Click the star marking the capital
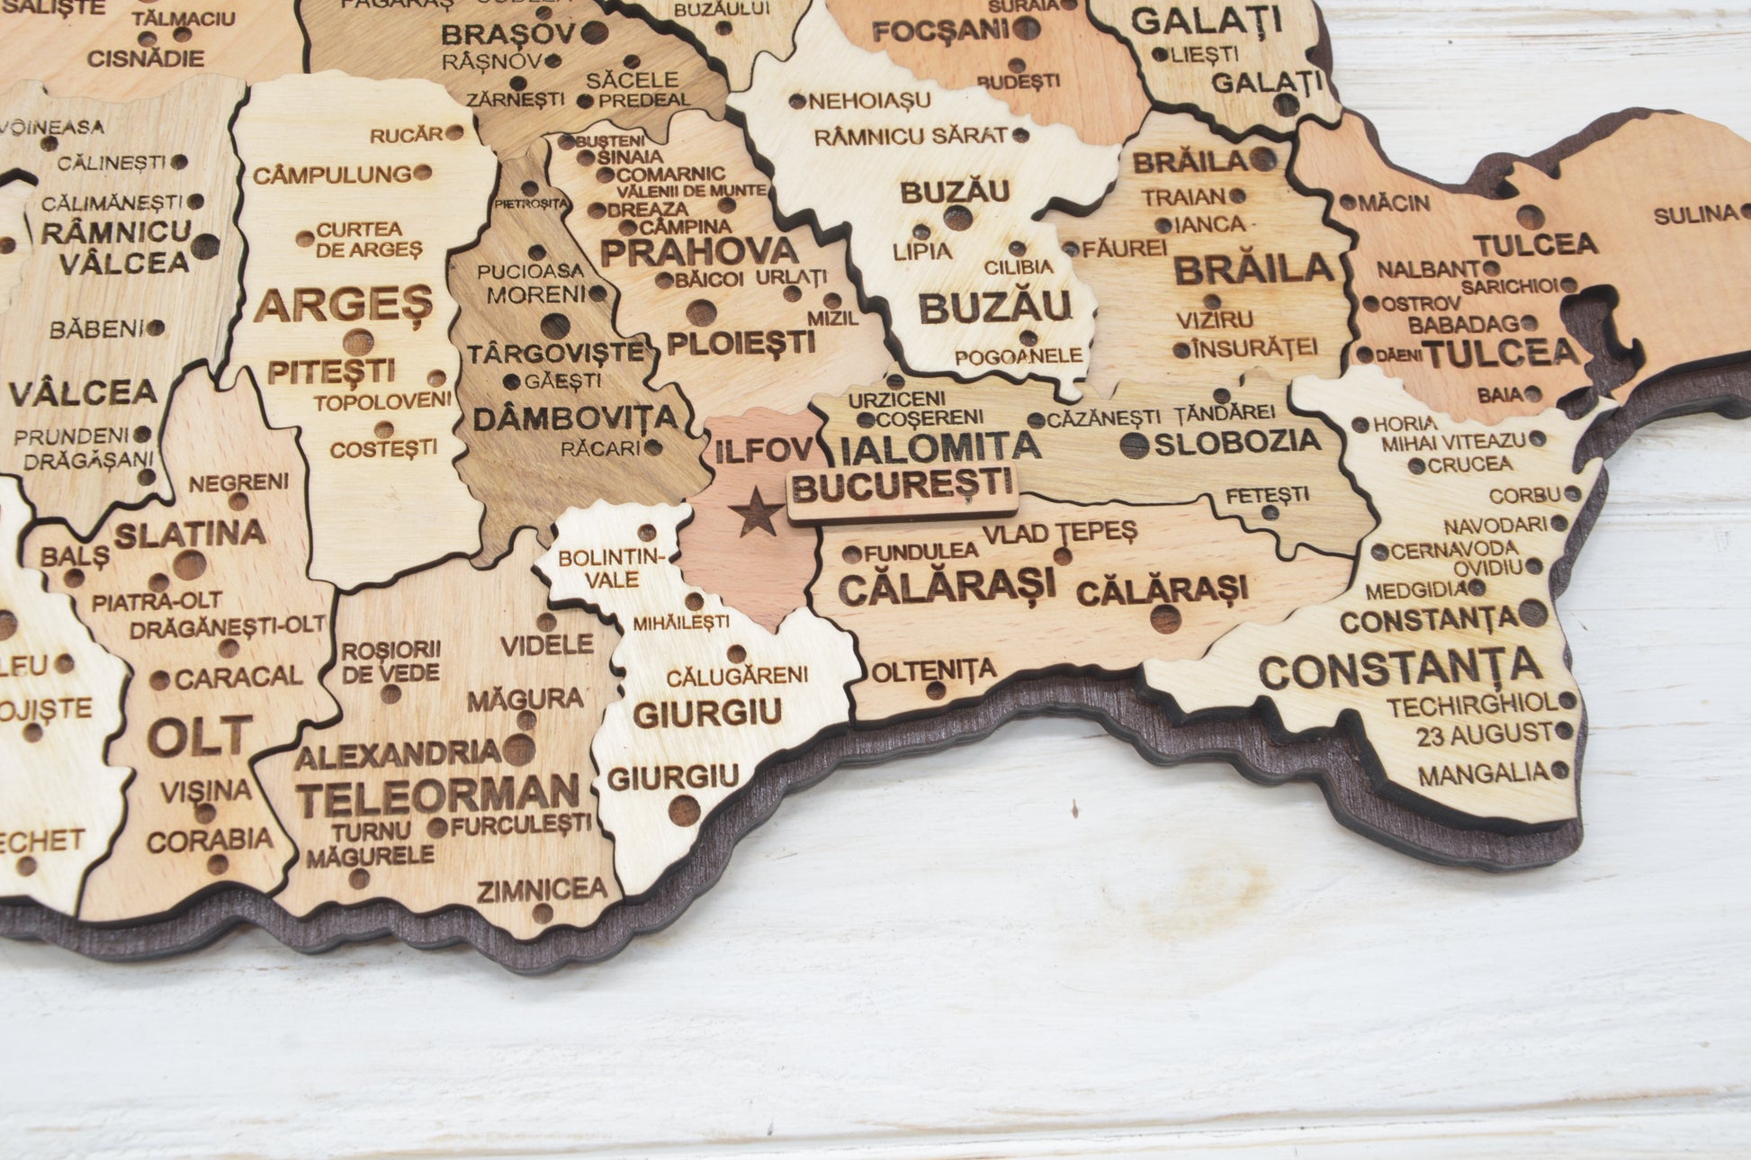click(x=755, y=513)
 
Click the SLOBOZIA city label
click(x=1237, y=441)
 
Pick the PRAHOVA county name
click(x=699, y=252)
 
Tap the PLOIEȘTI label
click(x=741, y=342)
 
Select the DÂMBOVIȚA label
click(x=574, y=418)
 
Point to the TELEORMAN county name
click(x=438, y=796)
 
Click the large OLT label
click(x=200, y=737)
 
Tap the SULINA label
click(x=1695, y=214)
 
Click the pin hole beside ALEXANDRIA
click(x=519, y=749)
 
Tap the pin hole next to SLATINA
click(x=189, y=565)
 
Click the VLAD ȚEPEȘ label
click(x=1059, y=533)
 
